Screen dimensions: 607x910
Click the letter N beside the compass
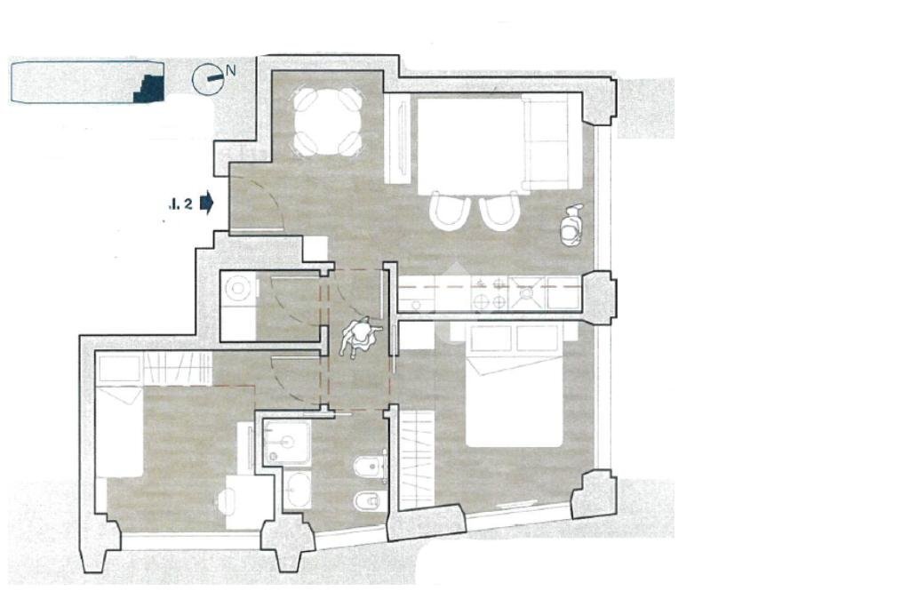(x=231, y=70)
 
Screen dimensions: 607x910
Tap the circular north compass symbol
(x=206, y=79)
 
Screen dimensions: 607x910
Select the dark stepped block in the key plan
(x=149, y=86)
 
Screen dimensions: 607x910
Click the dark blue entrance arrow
(x=206, y=203)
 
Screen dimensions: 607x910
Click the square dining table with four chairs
(x=328, y=121)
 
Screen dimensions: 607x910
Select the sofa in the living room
(x=547, y=142)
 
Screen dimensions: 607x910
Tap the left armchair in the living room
(x=449, y=212)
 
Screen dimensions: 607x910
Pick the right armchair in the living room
(x=499, y=212)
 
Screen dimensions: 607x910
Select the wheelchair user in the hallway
(x=360, y=337)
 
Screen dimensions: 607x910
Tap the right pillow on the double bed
(x=537, y=339)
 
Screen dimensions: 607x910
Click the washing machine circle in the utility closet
(x=238, y=288)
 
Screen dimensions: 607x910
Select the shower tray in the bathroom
(x=288, y=442)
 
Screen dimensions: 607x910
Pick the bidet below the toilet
(x=367, y=502)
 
